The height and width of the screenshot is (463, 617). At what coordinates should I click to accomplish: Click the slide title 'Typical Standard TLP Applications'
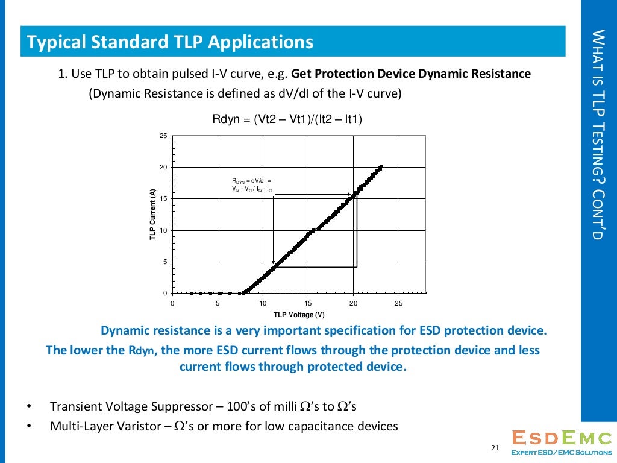170,42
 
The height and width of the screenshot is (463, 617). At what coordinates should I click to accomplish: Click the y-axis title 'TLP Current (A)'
153,216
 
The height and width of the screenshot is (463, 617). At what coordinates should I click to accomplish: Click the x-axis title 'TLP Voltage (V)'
299,315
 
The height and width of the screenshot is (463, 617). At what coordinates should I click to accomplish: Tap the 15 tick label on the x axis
308,303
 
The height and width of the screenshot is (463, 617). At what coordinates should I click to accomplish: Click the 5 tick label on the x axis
218,303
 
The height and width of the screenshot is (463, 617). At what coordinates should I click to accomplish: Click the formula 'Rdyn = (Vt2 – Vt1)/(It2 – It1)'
287,120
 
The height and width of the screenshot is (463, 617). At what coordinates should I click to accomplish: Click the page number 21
495,447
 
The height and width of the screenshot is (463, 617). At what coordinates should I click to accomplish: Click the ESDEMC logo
560,443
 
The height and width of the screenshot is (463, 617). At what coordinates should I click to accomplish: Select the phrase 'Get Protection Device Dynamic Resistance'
410,74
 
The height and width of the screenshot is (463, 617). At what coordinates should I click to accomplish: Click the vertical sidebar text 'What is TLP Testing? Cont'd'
597,134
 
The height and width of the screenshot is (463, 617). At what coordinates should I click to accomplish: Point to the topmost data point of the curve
381,167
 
